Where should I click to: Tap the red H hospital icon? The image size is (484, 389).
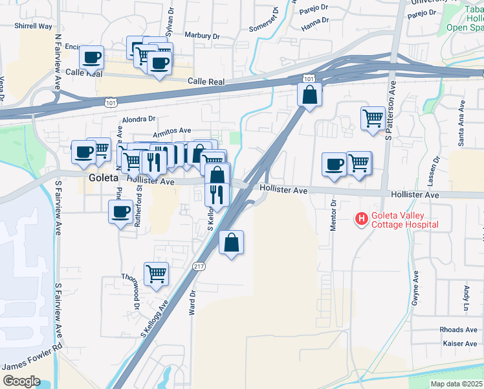[x=360, y=219]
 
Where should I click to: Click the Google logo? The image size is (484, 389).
[x=22, y=381]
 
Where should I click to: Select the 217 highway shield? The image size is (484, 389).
[x=199, y=266]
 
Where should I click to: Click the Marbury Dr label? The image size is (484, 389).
[x=199, y=35]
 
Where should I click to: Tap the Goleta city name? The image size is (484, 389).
[x=104, y=177]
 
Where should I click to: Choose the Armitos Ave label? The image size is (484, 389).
[x=173, y=132]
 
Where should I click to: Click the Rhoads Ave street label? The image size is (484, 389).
[x=459, y=330]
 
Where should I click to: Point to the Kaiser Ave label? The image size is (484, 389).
[x=460, y=343]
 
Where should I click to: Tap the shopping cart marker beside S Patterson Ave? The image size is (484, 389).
[x=373, y=118]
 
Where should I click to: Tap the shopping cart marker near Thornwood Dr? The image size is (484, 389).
[x=156, y=274]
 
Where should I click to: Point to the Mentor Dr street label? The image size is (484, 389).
[x=334, y=213]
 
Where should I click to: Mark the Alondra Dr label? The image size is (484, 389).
[x=139, y=119]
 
